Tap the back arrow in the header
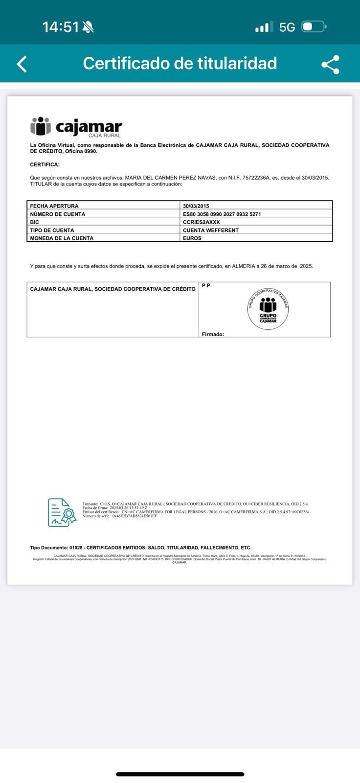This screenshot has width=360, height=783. coord(22,64)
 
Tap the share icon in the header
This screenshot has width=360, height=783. coord(330,64)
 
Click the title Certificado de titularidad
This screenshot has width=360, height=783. coord(180,63)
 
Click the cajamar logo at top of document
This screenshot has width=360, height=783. coord(76,127)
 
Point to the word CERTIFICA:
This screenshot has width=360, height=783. coord(45,164)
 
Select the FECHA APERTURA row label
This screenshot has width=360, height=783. coord(54,206)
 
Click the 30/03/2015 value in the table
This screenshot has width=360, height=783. coord(196,206)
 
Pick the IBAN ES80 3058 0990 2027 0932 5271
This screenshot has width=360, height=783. coord(222,214)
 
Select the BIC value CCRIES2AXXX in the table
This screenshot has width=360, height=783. coord(201,222)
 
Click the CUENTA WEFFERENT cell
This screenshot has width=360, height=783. coord(210,230)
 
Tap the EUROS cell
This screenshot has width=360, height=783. coord(192,238)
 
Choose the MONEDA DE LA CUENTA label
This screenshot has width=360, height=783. coord(62,238)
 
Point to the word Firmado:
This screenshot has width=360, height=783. coord(213,334)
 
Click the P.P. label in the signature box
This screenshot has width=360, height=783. coord(206,285)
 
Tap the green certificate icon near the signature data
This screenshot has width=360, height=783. coord(62,512)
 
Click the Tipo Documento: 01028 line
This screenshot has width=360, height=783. coord(140,548)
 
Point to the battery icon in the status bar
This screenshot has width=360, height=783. coord(314,27)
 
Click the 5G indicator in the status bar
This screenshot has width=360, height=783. coord(287,27)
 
